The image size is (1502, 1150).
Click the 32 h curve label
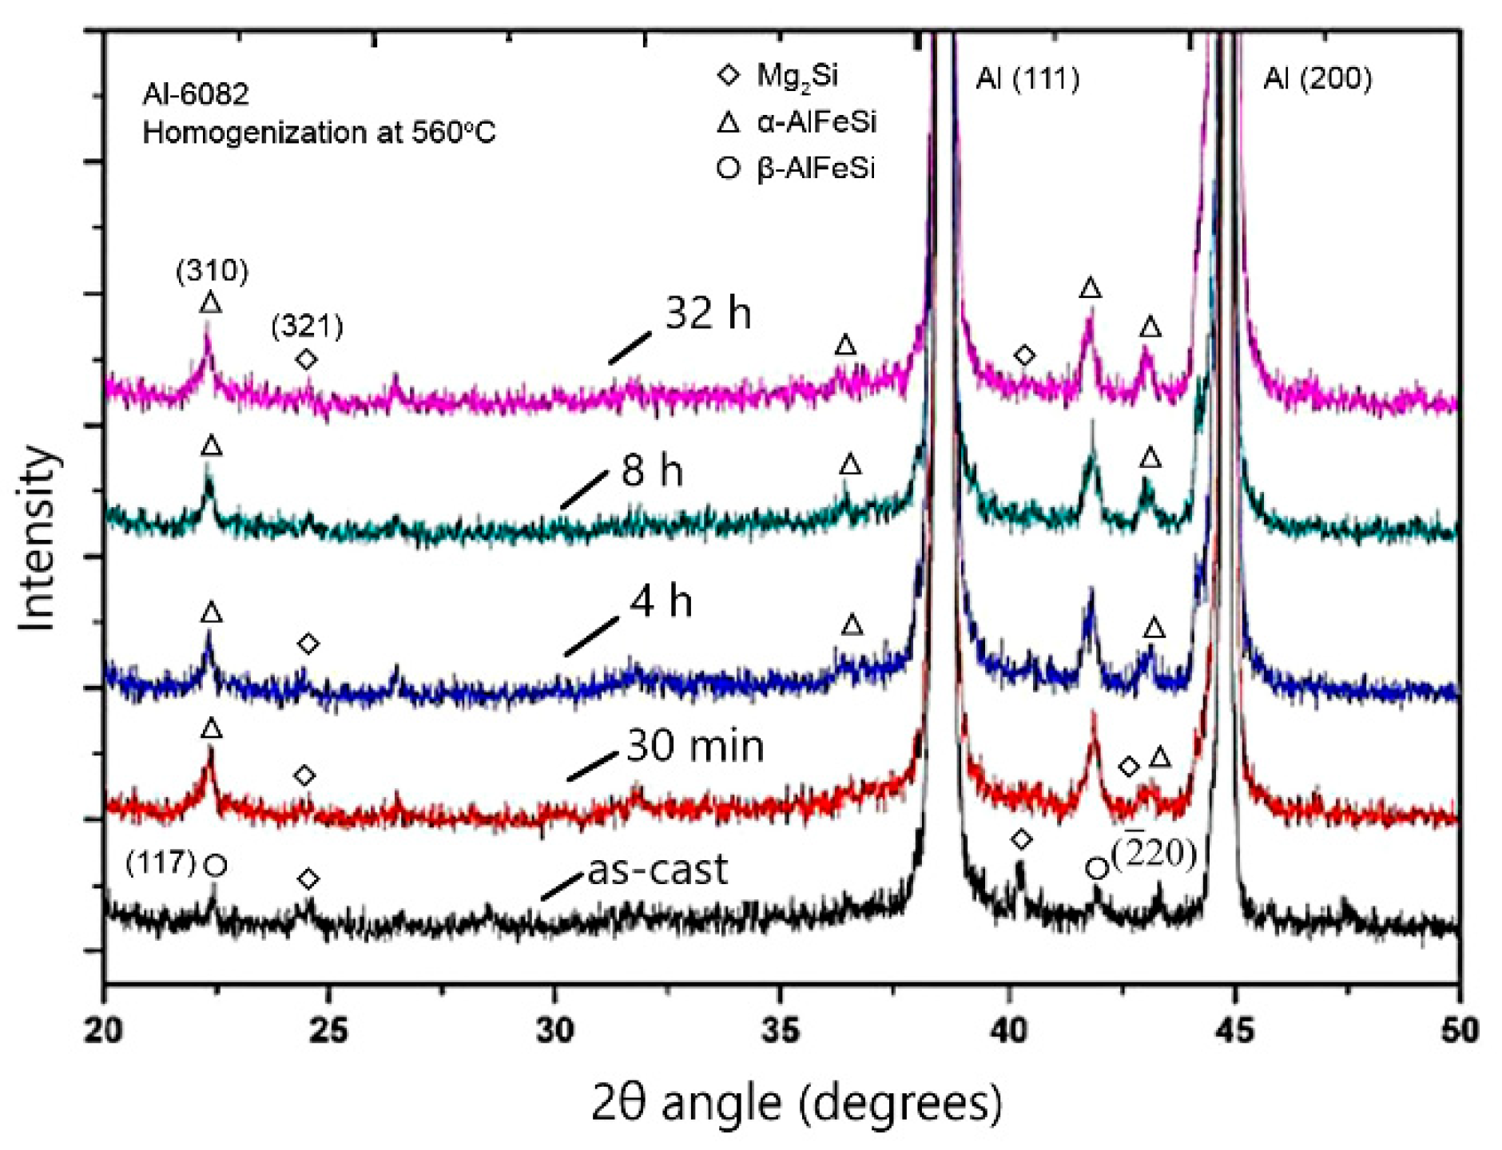tap(708, 312)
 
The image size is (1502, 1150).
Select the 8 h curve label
tap(652, 470)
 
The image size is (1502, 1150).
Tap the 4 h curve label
tap(661, 601)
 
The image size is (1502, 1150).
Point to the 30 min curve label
tap(695, 747)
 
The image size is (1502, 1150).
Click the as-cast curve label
tap(658, 870)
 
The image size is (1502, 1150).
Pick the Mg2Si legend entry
tap(797, 76)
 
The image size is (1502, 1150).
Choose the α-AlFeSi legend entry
tap(816, 122)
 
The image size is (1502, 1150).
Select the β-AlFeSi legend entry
tap(815, 169)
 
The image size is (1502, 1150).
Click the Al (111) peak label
tap(1027, 78)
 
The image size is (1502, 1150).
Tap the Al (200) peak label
tap(1317, 78)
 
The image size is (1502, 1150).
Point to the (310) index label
tap(212, 272)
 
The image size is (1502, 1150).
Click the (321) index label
tap(307, 326)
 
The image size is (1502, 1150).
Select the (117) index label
tap(161, 862)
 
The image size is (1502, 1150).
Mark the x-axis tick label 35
tap(780, 1030)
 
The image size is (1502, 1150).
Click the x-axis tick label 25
tap(328, 1030)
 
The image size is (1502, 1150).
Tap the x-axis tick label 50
tap(1459, 1030)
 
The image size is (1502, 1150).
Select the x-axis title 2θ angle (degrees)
tap(797, 1103)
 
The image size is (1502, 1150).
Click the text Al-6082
tap(196, 95)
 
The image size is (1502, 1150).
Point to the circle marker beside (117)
tap(215, 866)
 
